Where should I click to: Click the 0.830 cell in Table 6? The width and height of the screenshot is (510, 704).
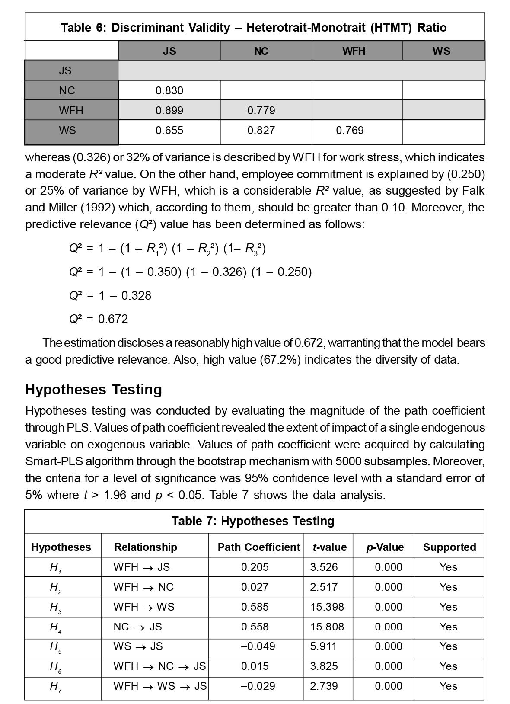coord(169,90)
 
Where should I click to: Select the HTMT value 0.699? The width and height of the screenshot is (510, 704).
coord(169,110)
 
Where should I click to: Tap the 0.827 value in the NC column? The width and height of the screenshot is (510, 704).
coord(261,130)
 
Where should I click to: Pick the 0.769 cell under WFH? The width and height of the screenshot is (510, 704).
coord(350,130)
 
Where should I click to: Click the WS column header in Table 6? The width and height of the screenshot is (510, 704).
coord(441,51)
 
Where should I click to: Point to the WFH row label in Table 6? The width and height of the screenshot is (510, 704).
coord(71,110)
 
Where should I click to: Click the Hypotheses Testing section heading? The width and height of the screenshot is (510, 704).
coord(93,389)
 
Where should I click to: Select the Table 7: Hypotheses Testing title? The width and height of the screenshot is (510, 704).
coord(253,521)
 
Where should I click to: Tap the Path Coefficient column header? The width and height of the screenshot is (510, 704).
coord(258,547)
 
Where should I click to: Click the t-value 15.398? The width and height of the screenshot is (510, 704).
coord(327,607)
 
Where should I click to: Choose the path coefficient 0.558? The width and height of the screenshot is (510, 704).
coord(255,627)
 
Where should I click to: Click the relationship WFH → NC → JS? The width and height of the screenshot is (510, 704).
coord(159,666)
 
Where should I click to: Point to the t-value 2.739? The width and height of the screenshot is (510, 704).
coord(324,686)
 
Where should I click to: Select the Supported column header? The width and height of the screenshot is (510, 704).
coord(449,547)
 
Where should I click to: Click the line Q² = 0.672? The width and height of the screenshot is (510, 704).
coord(99,319)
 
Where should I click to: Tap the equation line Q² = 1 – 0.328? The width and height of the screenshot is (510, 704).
coord(110,296)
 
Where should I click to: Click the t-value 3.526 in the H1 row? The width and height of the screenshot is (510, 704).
coord(324,567)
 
